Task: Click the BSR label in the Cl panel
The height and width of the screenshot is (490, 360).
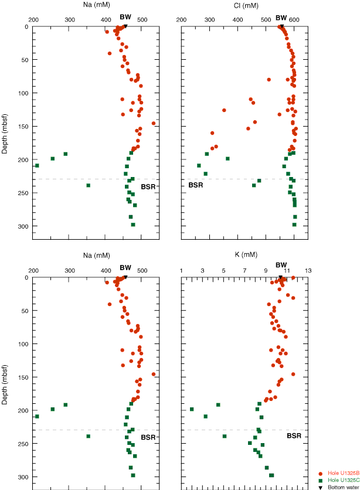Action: click(x=195, y=185)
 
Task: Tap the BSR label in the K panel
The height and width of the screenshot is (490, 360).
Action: click(x=294, y=436)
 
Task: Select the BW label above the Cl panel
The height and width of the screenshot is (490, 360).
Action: click(x=281, y=18)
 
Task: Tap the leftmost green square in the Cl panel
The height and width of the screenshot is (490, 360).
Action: click(x=199, y=165)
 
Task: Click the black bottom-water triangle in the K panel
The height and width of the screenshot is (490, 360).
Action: click(x=281, y=277)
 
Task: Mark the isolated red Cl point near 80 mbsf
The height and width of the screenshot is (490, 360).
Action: click(x=269, y=80)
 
